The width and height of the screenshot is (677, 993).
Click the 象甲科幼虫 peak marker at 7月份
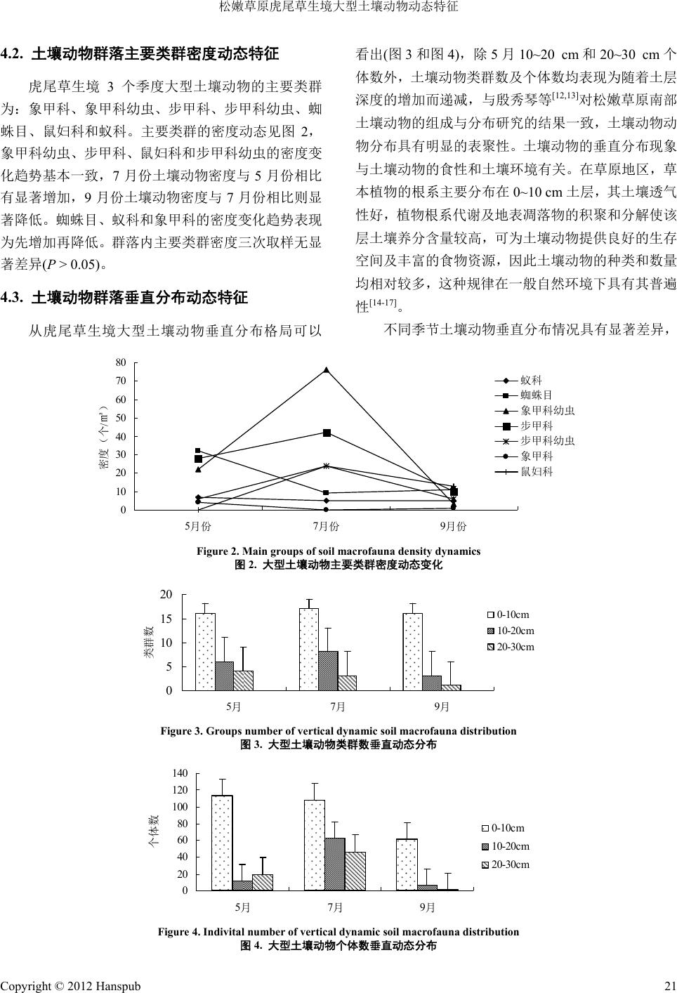pos(327,369)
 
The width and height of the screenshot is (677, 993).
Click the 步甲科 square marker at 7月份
pos(327,433)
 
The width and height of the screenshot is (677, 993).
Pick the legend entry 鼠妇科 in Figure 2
pos(537,471)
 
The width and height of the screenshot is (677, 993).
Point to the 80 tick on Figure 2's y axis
pos(121,362)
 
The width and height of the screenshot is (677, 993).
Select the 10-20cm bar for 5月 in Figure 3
pos(224,676)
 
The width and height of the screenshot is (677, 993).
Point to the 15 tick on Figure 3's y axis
pos(166,619)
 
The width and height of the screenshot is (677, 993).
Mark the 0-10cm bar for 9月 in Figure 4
pos(407,864)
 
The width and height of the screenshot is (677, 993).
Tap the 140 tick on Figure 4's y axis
pos(180,773)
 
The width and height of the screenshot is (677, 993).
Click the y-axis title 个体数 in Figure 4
pos(152,831)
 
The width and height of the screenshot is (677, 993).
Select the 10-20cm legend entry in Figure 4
pos(510,846)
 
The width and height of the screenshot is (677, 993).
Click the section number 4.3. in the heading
pos(14,298)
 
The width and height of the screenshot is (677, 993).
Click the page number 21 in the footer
pos(669,985)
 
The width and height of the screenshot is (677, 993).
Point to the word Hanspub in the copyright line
pos(115,985)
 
